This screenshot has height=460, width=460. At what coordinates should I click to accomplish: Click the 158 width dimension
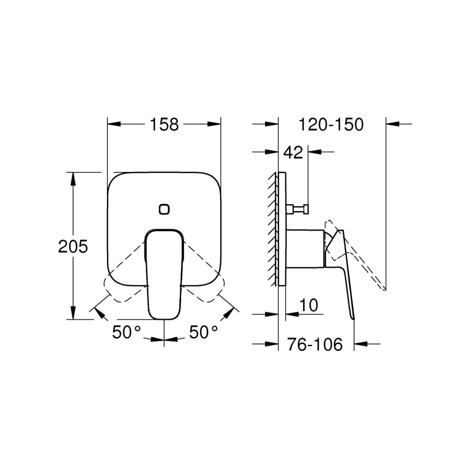164,124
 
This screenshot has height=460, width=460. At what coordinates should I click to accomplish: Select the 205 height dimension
73,247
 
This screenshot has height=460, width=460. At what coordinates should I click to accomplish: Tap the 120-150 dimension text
331,124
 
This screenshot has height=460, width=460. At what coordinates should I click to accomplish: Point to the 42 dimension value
293,152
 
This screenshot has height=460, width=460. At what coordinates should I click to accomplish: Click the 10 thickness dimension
308,305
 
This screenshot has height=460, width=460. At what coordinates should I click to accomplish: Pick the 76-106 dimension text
314,344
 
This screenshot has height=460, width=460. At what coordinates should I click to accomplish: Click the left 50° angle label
126,332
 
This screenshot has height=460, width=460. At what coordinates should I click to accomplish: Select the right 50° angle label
204,332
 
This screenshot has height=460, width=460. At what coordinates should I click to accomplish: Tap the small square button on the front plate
165,209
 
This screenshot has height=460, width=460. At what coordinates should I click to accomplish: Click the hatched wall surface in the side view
272,230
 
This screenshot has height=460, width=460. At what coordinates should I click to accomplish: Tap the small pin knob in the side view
299,208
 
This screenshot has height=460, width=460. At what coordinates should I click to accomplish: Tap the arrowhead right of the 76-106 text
360,344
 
